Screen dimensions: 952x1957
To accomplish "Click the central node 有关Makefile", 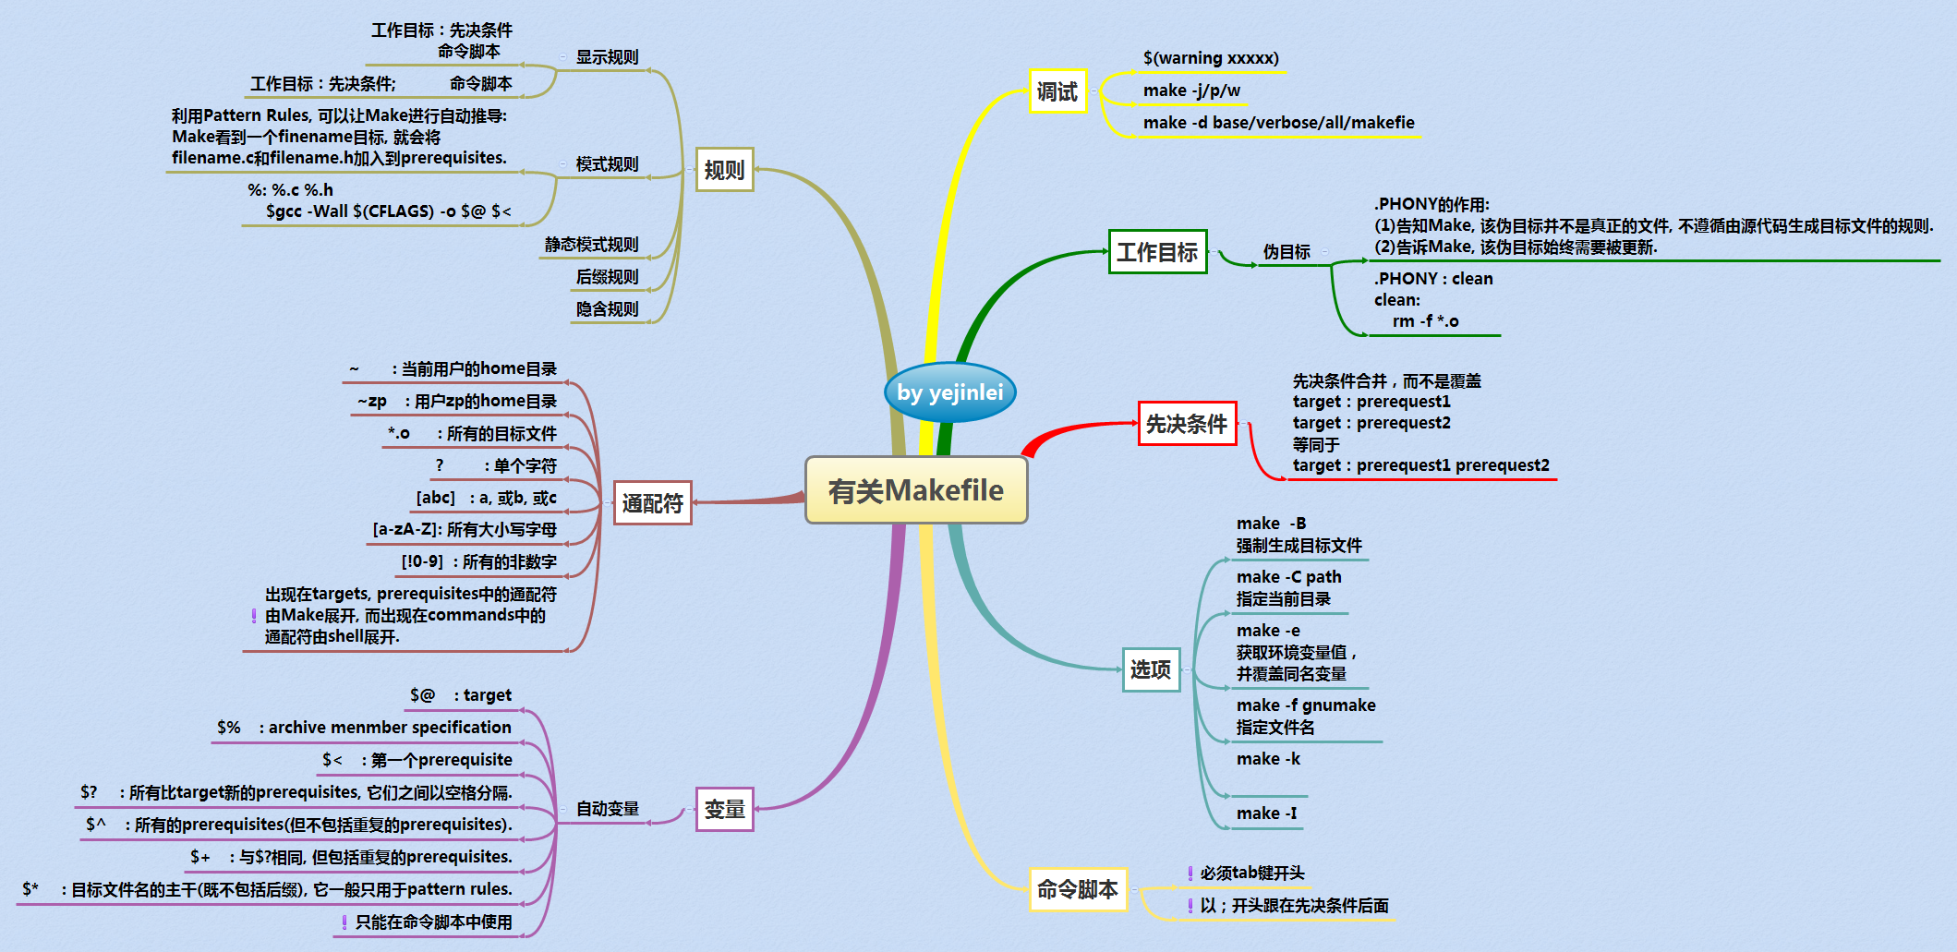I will pos(916,490).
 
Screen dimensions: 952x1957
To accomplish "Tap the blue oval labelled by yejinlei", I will pos(949,392).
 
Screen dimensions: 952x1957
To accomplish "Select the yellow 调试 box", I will pos(1057,91).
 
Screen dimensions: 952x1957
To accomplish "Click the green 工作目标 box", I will pos(1157,252).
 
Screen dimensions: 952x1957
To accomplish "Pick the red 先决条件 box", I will pos(1187,424).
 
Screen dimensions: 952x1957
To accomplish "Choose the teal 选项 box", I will pos(1151,669).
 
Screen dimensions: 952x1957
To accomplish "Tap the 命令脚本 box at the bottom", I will pos(1078,889).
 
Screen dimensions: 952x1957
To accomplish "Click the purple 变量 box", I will pos(725,809).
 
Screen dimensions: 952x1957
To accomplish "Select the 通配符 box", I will pos(653,503).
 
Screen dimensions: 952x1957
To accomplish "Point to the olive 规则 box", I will pos(724,170).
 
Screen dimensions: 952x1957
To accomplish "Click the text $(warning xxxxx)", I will pos(1211,58).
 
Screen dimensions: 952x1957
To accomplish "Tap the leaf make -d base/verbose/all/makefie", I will pos(1278,123).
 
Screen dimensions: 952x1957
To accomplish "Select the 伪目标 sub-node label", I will pos(1287,252).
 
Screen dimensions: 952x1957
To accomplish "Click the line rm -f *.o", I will pos(1425,321).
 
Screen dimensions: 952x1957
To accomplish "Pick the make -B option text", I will pos(1272,524).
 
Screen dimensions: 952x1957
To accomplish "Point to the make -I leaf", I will pos(1266,813).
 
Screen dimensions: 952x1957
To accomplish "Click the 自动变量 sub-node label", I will pos(608,809).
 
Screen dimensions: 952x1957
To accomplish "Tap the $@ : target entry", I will pos(461,695).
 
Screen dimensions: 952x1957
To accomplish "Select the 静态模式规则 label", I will pos(591,245).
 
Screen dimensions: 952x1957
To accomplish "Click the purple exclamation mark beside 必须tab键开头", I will pos(1190,874).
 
